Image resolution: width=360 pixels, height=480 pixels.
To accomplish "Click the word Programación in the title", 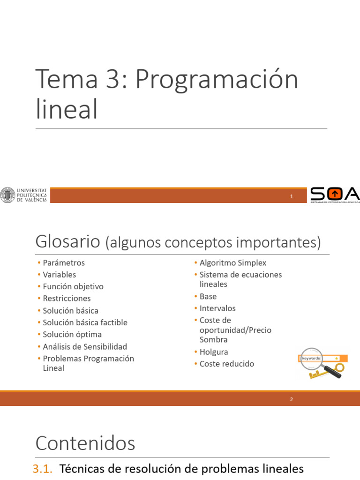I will coord(217,80).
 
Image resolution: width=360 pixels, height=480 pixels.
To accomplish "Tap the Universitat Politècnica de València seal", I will coord(7,195).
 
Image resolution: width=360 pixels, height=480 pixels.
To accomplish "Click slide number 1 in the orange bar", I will coord(292,197).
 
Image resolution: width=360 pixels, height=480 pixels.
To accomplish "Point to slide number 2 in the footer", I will coord(292,399).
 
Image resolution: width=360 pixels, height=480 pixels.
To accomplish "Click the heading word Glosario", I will coord(67,242).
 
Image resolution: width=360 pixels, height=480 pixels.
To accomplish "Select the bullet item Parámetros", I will coord(64,263).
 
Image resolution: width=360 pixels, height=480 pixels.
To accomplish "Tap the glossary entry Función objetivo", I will coord(73,286).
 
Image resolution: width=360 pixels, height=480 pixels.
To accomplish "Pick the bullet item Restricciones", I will coord(67,298).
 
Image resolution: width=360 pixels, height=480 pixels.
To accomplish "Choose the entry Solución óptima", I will coord(72,334).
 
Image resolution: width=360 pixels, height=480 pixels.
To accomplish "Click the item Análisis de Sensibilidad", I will coord(85,346).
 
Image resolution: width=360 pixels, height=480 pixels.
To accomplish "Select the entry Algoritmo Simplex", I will coord(233,263).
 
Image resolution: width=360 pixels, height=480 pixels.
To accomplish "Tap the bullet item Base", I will coord(208,296).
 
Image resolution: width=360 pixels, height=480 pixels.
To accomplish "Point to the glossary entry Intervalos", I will coord(217,308).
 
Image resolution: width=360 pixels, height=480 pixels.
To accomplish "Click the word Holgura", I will coord(214,352).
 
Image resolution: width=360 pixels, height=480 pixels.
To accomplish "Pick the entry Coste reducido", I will coord(227,364).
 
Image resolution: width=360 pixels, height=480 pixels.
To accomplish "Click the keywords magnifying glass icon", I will coord(322,363).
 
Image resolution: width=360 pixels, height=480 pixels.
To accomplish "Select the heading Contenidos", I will coord(85,443).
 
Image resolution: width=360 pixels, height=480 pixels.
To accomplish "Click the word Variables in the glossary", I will coord(60,275).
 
